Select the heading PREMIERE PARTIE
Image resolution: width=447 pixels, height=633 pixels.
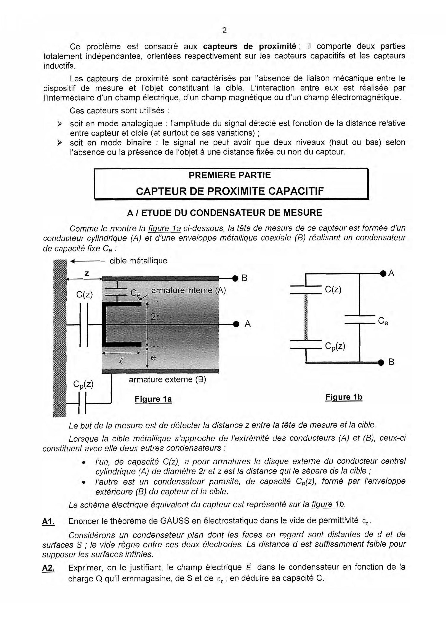[229, 175]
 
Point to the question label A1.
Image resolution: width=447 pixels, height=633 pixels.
[48, 521]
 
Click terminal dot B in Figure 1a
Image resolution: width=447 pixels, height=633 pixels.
[235, 278]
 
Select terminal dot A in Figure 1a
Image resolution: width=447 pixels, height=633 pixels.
[236, 324]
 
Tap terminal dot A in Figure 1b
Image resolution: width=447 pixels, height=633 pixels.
[383, 273]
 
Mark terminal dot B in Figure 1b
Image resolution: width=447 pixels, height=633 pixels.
[381, 363]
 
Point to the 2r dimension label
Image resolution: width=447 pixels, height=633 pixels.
[155, 317]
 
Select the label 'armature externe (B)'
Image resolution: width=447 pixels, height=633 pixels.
[167, 380]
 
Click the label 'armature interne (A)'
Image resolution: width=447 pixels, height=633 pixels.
[188, 290]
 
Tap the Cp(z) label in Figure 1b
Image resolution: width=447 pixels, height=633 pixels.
[335, 347]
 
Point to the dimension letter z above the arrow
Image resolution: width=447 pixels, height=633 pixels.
[87, 273]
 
